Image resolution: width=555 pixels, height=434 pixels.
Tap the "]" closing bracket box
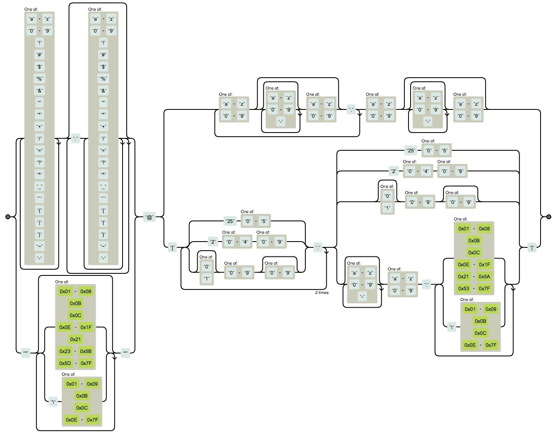tap(532, 248)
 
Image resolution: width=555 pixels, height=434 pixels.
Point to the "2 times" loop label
tap(322, 292)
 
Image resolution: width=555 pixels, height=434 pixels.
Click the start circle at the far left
tap(8, 217)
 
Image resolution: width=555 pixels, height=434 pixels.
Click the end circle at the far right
tap(548, 217)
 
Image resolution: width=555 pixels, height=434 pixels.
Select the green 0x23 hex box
tap(65, 351)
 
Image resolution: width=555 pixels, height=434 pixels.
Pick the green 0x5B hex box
tap(86, 351)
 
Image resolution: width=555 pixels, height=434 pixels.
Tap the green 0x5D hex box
tap(65, 363)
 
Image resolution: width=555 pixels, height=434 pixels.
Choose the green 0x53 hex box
tap(464, 288)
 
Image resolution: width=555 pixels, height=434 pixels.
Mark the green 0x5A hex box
tap(484, 276)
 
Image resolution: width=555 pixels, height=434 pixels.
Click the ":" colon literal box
tap(426, 284)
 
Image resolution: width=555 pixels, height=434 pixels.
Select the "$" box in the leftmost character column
tap(40, 66)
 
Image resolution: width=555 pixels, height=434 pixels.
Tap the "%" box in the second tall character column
tap(103, 78)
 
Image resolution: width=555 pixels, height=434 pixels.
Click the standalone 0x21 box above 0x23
tap(76, 339)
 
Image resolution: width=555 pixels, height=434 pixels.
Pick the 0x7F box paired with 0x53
tap(484, 288)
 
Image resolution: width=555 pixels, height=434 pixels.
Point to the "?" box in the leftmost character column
tap(40, 162)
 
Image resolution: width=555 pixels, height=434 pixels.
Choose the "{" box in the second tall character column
tap(103, 210)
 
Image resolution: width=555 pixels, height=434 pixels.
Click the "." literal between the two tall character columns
tap(76, 138)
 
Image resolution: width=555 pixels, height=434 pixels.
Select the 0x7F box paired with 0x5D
tap(86, 363)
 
